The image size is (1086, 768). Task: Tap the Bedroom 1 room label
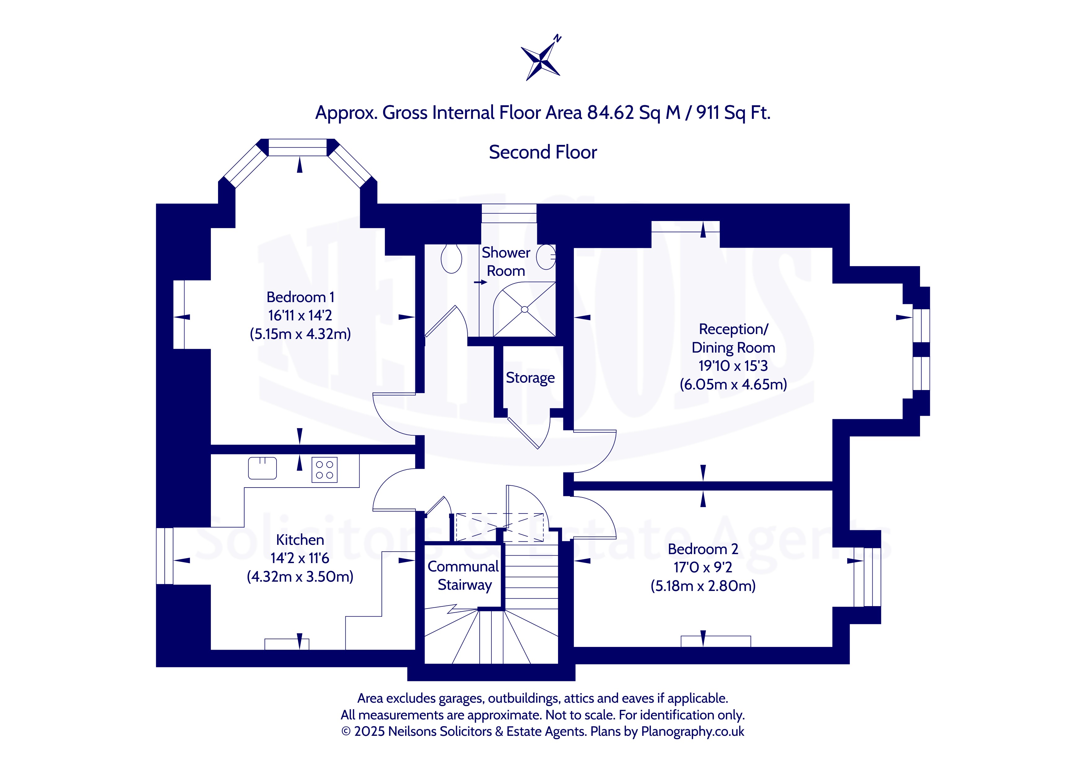point(300,297)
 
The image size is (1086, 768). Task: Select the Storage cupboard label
point(530,378)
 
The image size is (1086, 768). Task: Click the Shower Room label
point(506,262)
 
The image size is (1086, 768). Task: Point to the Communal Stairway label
point(464,575)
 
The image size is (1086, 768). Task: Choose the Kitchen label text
point(300,540)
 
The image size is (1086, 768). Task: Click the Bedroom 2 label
point(703,549)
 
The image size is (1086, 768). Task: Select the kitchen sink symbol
point(263,468)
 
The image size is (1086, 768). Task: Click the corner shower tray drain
point(525,309)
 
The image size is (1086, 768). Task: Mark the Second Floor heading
point(543,152)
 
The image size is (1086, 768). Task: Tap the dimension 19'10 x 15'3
point(733,366)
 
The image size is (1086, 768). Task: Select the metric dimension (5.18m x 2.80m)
point(703,586)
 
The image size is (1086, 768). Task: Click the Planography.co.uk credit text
point(692,731)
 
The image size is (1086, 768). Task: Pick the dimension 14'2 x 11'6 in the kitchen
point(300,558)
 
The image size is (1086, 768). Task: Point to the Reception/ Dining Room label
point(733,338)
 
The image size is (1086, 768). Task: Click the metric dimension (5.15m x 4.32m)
point(300,334)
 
